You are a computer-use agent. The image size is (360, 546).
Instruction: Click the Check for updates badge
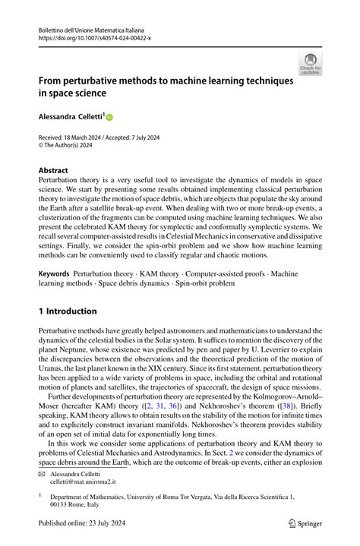click(x=311, y=65)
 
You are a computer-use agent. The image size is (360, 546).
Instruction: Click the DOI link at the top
click(x=89, y=36)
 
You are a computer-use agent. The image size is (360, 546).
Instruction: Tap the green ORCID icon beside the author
click(x=109, y=118)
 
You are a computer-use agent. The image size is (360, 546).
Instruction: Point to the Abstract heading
click(x=53, y=171)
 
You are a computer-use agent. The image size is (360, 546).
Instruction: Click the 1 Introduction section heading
click(x=68, y=311)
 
